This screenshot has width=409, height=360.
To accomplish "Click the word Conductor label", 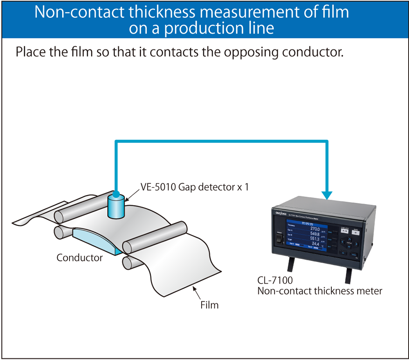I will click(79, 258).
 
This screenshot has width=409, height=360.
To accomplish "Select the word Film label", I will click(209, 305).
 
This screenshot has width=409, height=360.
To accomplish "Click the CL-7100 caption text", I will click(275, 281).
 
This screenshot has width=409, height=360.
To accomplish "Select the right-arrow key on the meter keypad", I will click(356, 244).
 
